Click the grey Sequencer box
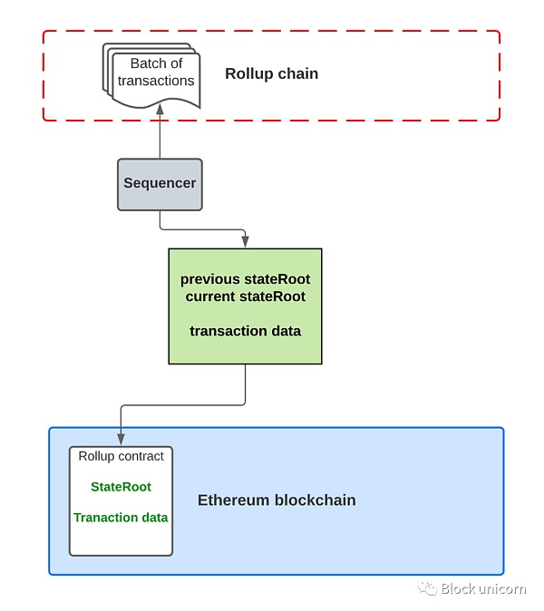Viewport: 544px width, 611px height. [160, 184]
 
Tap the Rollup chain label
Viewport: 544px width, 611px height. [271, 74]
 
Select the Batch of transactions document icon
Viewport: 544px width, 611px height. [152, 74]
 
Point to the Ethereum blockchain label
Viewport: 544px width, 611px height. [277, 500]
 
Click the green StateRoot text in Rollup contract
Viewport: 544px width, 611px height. [121, 487]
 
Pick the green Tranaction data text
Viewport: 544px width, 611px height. [121, 518]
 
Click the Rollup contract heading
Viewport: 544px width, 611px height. [121, 457]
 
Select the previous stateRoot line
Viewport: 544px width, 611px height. [245, 279]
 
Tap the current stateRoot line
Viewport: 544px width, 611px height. [245, 296]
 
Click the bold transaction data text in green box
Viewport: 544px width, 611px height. [245, 331]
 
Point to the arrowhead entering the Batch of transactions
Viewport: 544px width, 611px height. [160, 108]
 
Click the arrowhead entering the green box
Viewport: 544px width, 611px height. [245, 242]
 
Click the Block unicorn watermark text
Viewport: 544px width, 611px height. [483, 589]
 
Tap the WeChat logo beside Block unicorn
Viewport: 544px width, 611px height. [427, 589]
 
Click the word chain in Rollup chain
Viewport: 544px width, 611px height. [298, 74]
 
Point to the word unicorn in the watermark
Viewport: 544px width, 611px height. [502, 589]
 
